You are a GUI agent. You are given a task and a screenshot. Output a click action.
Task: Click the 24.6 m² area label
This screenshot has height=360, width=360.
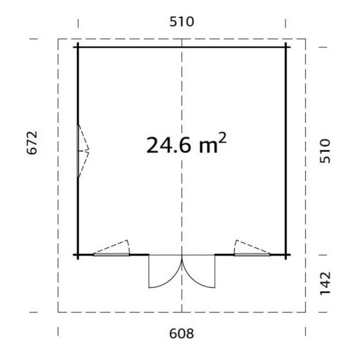point(186,145)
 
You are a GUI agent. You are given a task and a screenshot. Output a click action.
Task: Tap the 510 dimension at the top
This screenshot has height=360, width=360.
point(181,22)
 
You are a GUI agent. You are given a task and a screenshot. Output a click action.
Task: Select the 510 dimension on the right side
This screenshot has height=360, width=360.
point(325,151)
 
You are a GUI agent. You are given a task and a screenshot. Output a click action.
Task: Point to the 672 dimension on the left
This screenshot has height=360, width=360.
point(32,143)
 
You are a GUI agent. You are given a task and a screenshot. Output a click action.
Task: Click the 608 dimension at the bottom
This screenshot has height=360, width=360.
point(181,334)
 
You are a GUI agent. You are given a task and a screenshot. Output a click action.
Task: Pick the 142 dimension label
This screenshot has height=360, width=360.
point(325,283)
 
